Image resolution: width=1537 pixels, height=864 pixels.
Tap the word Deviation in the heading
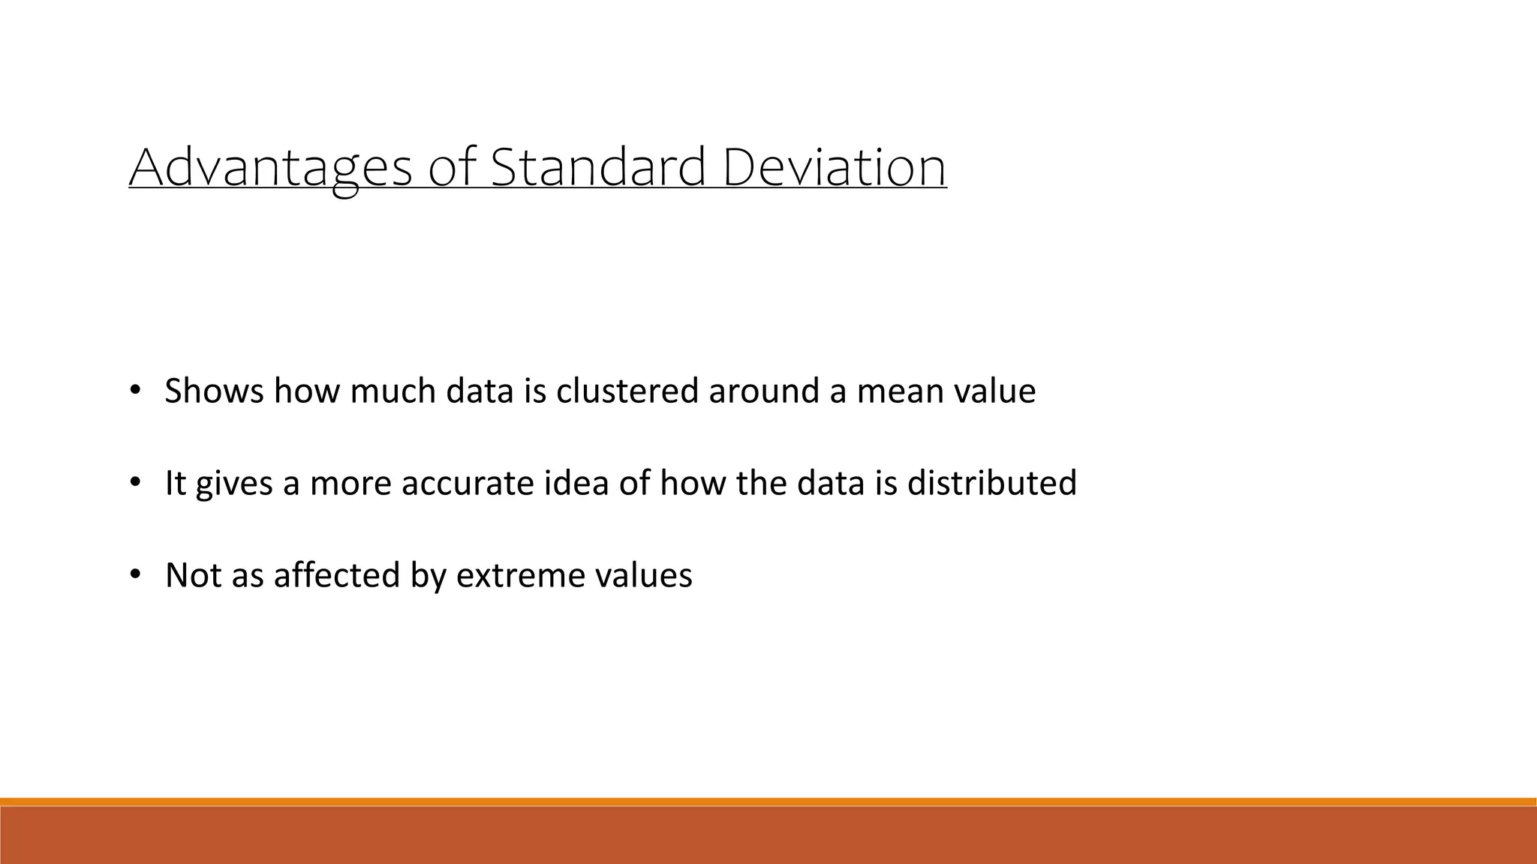click(834, 168)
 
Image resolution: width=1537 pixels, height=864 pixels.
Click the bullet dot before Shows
click(135, 390)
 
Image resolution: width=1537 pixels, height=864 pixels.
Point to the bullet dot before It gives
click(135, 482)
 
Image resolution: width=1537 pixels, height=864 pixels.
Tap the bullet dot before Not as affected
click(135, 574)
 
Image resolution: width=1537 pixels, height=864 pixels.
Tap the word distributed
click(991, 484)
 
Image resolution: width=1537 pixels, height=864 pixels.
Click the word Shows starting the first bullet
click(214, 391)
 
